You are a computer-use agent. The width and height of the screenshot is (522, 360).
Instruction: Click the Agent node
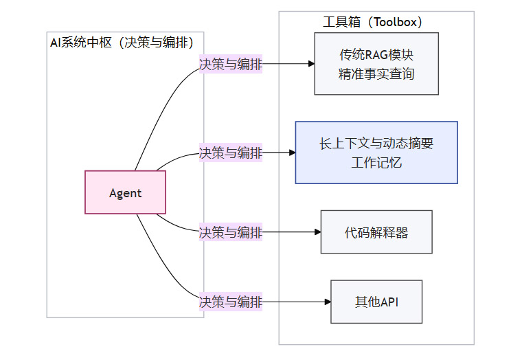(125, 192)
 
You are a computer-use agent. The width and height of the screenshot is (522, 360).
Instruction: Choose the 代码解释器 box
(376, 232)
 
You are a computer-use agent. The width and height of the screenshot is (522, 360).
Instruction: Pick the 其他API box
(376, 302)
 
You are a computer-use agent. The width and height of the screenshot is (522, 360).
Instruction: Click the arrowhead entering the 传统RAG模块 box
(310, 65)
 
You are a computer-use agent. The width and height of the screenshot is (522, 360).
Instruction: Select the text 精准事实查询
(376, 74)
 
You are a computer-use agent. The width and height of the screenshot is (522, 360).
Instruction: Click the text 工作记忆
(376, 163)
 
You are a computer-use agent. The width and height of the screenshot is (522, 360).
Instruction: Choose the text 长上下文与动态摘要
(376, 144)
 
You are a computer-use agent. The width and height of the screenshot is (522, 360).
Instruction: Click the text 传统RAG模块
(376, 55)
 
